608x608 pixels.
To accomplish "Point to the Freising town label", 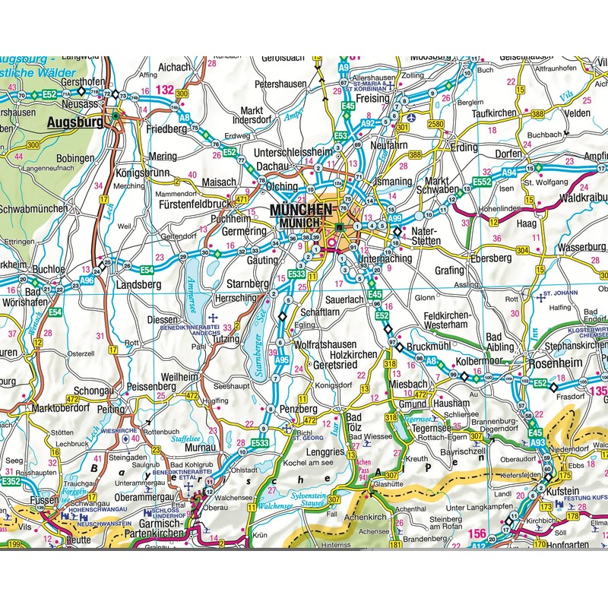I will (372, 98).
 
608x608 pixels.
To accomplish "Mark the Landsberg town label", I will (140, 285).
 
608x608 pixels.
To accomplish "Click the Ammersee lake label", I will (190, 290).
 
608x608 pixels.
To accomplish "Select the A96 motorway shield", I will (88, 280).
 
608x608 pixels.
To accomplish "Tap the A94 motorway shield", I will (508, 173).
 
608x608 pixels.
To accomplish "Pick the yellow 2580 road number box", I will (435, 124).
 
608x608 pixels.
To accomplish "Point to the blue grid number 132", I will (163, 90).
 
